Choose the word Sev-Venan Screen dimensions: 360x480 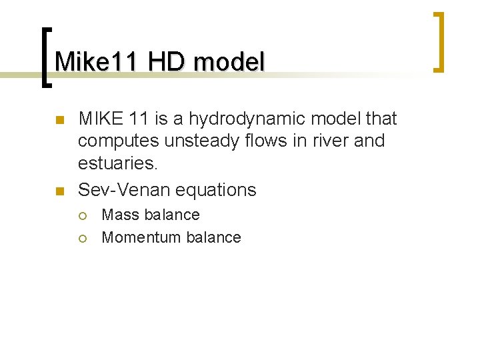click(124, 190)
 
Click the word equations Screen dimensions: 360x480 click(215, 190)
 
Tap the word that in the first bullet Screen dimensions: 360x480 click(381, 119)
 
